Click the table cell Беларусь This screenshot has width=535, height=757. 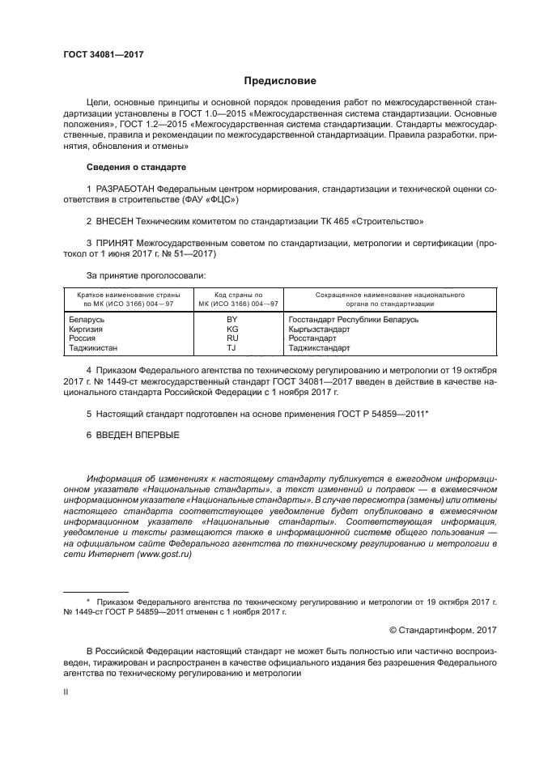pos(87,321)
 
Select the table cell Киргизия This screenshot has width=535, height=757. pos(87,330)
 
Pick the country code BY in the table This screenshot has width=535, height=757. pos(231,321)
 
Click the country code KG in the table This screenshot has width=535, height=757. pos(231,330)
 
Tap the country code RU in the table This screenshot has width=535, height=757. pos(231,339)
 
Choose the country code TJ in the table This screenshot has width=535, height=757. pos(231,348)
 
